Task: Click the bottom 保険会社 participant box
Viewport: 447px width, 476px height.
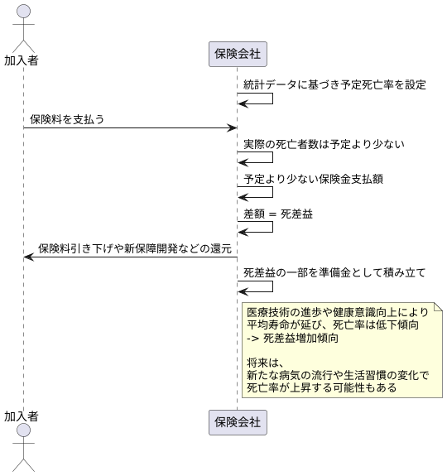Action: (x=238, y=422)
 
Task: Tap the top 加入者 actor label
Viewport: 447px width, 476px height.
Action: (x=22, y=60)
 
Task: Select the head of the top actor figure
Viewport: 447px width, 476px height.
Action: (x=23, y=12)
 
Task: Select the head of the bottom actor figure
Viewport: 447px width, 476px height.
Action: (x=23, y=437)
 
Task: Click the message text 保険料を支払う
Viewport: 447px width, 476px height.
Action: (x=67, y=119)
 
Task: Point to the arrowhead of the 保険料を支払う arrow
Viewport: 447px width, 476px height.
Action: (x=233, y=128)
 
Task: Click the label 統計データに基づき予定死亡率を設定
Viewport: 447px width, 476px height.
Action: (x=334, y=85)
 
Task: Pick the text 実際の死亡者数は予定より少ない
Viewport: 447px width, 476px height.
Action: (x=324, y=144)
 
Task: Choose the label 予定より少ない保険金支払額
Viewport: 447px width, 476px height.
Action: (x=313, y=179)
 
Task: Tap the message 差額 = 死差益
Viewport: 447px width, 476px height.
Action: (x=277, y=214)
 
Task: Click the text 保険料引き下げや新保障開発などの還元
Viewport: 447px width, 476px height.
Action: (x=134, y=248)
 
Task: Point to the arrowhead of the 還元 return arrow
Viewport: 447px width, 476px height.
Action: (x=28, y=257)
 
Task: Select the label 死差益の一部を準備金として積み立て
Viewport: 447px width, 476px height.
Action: (x=334, y=272)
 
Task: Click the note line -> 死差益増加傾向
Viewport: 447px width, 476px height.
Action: (x=292, y=338)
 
